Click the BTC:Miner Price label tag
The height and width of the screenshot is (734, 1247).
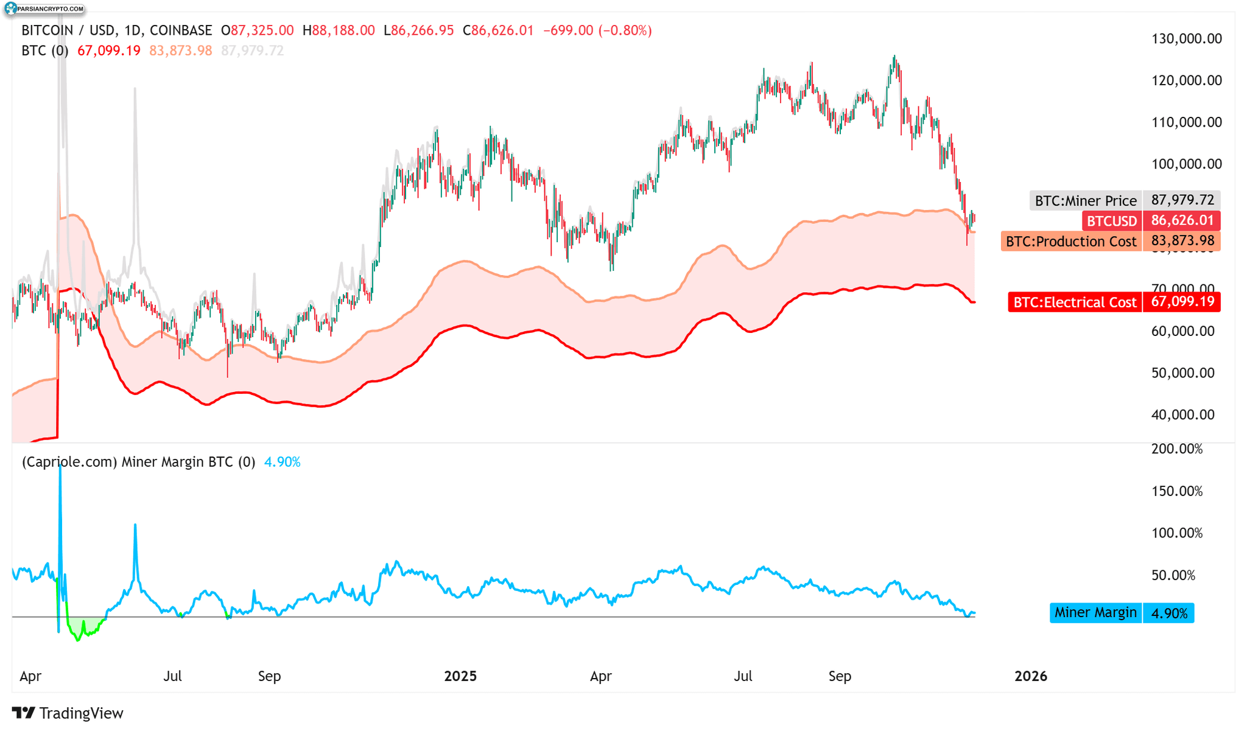1086,200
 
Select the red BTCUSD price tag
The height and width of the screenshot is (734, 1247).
1111,221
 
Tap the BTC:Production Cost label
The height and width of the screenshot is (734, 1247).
1070,242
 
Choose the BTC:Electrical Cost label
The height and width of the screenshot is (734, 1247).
1075,302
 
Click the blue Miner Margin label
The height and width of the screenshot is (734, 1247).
1095,612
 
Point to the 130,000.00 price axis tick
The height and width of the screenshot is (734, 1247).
1186,39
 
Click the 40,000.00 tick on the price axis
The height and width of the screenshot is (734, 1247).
1182,414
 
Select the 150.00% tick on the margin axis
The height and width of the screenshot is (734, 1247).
1177,491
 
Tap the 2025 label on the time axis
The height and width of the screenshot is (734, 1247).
460,676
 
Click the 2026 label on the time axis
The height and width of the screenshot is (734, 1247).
1030,676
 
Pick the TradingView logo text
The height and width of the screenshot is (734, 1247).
68,713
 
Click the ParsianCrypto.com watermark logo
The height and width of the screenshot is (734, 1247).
44,9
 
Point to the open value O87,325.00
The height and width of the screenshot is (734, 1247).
257,30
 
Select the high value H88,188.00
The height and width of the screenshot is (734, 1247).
339,30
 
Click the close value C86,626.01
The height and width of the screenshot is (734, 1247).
498,30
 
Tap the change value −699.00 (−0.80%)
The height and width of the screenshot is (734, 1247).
597,30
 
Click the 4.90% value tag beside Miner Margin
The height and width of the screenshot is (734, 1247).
1168,613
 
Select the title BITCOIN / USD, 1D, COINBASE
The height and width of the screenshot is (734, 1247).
117,30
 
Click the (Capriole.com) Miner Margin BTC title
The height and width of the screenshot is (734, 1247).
138,462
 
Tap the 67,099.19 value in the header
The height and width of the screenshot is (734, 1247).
109,51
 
